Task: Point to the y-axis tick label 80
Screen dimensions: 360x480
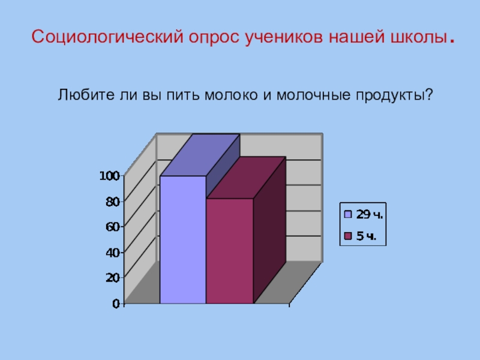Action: tap(113, 202)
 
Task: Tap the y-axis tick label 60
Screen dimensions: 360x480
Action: tap(113, 227)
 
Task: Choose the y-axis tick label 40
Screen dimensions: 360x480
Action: tap(113, 253)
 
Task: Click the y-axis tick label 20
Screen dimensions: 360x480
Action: tap(113, 278)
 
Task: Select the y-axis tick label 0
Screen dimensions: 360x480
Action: tap(116, 304)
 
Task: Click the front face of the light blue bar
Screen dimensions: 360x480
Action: tap(182, 240)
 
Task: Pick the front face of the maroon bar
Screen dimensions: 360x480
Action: tap(229, 251)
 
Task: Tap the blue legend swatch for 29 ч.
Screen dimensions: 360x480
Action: tap(347, 214)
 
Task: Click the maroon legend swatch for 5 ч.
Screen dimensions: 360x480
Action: tap(347, 236)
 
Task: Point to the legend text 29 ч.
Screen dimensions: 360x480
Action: tap(369, 214)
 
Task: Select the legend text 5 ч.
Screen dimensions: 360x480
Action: tap(366, 236)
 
